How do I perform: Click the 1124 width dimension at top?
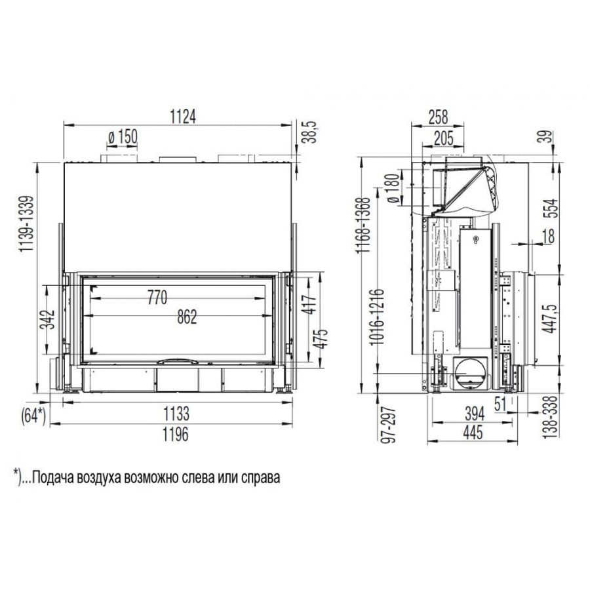[184, 117]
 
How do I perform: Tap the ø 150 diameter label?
[123, 137]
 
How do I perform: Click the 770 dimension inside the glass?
[157, 298]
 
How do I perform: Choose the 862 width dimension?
[187, 317]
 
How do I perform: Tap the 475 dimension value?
[323, 339]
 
